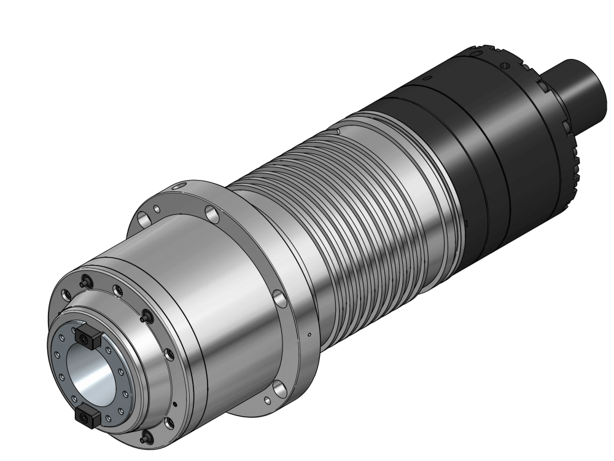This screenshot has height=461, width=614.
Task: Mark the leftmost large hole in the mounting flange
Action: point(144,218)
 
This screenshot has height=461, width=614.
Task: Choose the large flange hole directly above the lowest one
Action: point(280,299)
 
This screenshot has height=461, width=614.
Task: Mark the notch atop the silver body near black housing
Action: point(337,130)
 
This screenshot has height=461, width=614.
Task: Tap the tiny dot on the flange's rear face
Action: point(309,335)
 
